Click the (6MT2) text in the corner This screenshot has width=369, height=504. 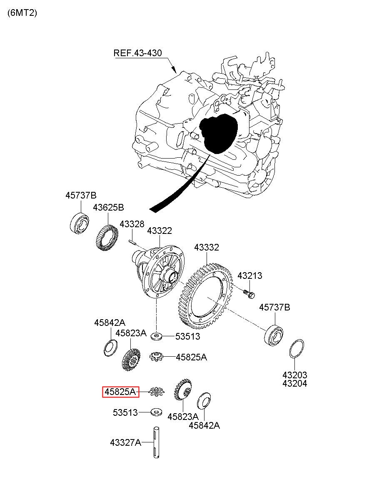click(22, 13)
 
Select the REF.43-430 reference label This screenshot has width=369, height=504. click(137, 53)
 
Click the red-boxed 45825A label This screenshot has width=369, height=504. click(121, 392)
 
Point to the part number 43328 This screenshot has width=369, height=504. click(132, 224)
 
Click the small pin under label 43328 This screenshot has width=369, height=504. click(132, 242)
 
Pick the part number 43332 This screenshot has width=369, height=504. click(207, 248)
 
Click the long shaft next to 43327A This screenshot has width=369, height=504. click(156, 442)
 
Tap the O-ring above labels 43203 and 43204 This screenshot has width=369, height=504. click(297, 348)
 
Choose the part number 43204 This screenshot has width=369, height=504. click(295, 383)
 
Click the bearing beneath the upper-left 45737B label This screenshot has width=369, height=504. click(79, 223)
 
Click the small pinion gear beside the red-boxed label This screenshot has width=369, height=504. click(157, 392)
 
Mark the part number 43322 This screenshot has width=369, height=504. click(160, 231)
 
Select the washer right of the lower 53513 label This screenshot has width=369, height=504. click(156, 412)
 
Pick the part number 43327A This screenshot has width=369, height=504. click(126, 442)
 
